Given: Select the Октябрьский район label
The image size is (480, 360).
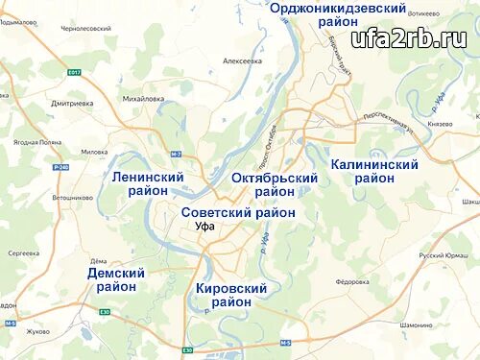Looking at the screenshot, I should tap(275, 184).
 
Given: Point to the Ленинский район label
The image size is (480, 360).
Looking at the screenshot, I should tap(148, 183).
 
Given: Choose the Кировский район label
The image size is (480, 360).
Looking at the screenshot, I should tap(230, 294).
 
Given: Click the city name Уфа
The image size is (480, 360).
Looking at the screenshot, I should tap(204, 228).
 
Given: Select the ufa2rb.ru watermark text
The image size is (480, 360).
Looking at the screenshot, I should tap(408, 39).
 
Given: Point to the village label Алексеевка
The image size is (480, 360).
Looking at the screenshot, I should tap(242, 60).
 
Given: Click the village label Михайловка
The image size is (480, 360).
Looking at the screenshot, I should tap(144, 98).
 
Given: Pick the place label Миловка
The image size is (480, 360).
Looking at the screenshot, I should tap(94, 152).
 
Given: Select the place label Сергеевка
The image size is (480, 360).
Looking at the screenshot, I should tap(24, 252).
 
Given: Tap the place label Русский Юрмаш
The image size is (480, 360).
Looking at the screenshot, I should tap(443, 256).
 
